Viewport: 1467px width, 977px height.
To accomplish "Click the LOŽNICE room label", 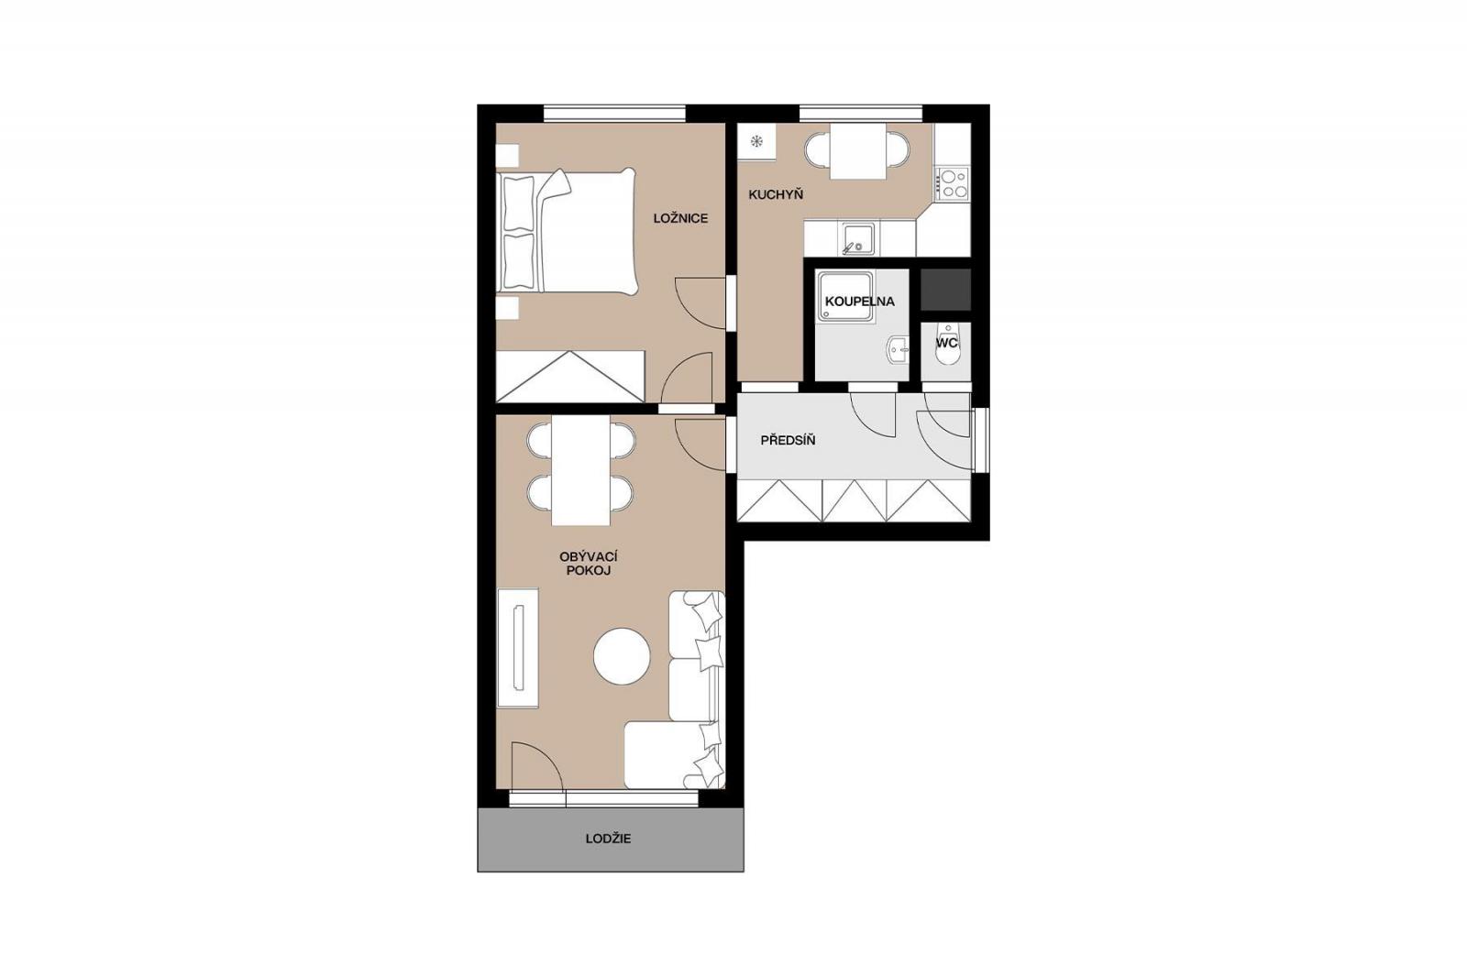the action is [680, 219].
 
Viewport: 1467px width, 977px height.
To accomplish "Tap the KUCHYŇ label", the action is [776, 194].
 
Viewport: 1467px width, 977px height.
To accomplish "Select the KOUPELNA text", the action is [859, 302].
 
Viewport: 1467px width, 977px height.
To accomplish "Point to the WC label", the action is [946, 343].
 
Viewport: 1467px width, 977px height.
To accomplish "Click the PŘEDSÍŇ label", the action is [788, 440].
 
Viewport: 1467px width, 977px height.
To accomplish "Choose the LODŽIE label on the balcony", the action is [609, 839].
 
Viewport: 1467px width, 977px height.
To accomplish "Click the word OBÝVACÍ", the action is [589, 556].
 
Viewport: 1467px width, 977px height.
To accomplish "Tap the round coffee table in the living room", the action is [622, 656].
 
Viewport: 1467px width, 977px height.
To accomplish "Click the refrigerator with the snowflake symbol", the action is [756, 141].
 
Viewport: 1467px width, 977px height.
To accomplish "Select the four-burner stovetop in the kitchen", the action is [953, 183].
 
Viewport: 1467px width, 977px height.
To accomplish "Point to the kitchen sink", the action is [857, 239].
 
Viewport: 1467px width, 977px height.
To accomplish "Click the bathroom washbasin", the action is [899, 349].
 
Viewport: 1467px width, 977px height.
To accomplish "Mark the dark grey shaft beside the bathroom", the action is [945, 290].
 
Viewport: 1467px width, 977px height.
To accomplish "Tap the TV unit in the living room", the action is [517, 648].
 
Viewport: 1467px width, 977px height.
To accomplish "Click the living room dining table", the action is [581, 470].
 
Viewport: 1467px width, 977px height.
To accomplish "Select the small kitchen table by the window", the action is [857, 151].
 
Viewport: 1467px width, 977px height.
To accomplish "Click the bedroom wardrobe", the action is [570, 377].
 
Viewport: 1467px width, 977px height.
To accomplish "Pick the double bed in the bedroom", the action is [567, 230].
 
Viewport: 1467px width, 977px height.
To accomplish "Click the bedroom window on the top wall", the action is [614, 114].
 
